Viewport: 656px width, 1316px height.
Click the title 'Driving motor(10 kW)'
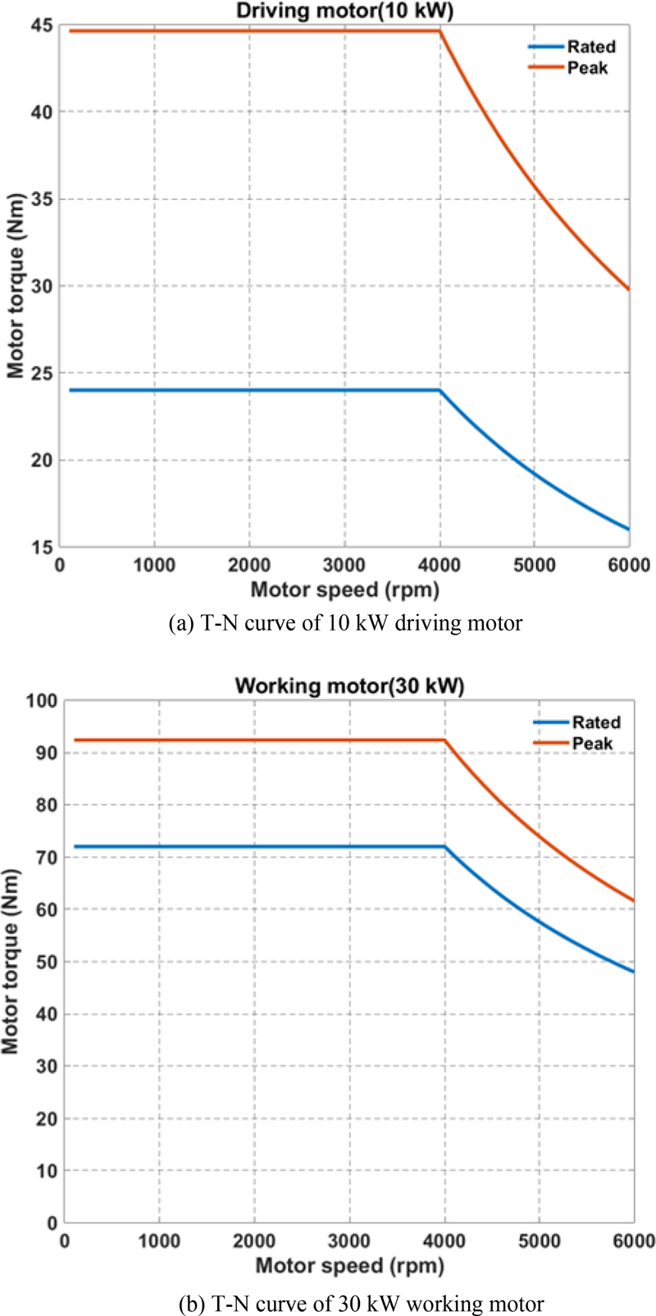coord(345,11)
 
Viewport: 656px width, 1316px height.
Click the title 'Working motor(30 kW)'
coord(349,685)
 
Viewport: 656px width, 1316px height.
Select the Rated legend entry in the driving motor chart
coord(590,47)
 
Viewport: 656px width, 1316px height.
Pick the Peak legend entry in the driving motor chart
coord(587,68)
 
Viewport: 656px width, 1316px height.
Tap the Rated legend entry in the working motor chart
coord(595,722)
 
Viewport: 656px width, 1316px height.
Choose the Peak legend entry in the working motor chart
coord(592,744)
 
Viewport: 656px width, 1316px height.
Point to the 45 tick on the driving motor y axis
coord(42,25)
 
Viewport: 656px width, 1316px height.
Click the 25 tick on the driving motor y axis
coord(42,374)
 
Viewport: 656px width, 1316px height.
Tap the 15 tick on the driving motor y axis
coord(42,548)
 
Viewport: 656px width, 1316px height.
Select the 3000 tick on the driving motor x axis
coord(344,566)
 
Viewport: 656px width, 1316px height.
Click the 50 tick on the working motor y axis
coord(46,962)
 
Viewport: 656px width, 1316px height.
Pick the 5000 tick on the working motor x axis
coord(539,1241)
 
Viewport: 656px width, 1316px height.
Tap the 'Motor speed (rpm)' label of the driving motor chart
coord(344,589)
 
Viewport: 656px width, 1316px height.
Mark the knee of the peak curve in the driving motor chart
coord(440,31)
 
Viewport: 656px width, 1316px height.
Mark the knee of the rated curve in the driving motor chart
coord(440,390)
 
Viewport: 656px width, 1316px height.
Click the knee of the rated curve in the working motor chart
coord(444,846)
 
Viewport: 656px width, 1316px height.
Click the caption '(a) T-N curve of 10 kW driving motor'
coord(344,623)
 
